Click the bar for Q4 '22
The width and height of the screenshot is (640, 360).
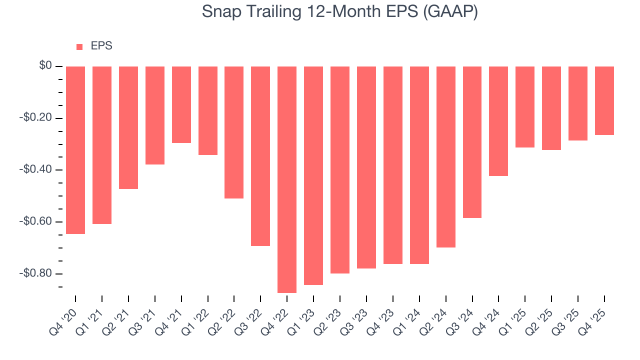(287, 179)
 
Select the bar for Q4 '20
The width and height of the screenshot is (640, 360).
(75, 150)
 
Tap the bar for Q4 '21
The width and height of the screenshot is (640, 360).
(181, 104)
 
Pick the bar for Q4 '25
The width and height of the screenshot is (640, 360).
(604, 100)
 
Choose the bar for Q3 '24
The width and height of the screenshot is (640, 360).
(472, 142)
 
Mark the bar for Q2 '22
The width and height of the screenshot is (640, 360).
(234, 132)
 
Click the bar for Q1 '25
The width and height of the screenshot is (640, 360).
(525, 107)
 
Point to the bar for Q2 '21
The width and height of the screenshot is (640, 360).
(128, 127)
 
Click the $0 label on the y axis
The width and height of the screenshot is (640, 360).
(45, 66)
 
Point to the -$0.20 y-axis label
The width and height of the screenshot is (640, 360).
(36, 118)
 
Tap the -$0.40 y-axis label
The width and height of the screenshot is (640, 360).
(36, 170)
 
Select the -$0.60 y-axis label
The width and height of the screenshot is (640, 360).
(36, 221)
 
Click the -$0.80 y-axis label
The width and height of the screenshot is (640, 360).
(36, 273)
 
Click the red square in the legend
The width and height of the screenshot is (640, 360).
(79, 47)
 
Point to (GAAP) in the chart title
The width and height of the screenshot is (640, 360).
(450, 11)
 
